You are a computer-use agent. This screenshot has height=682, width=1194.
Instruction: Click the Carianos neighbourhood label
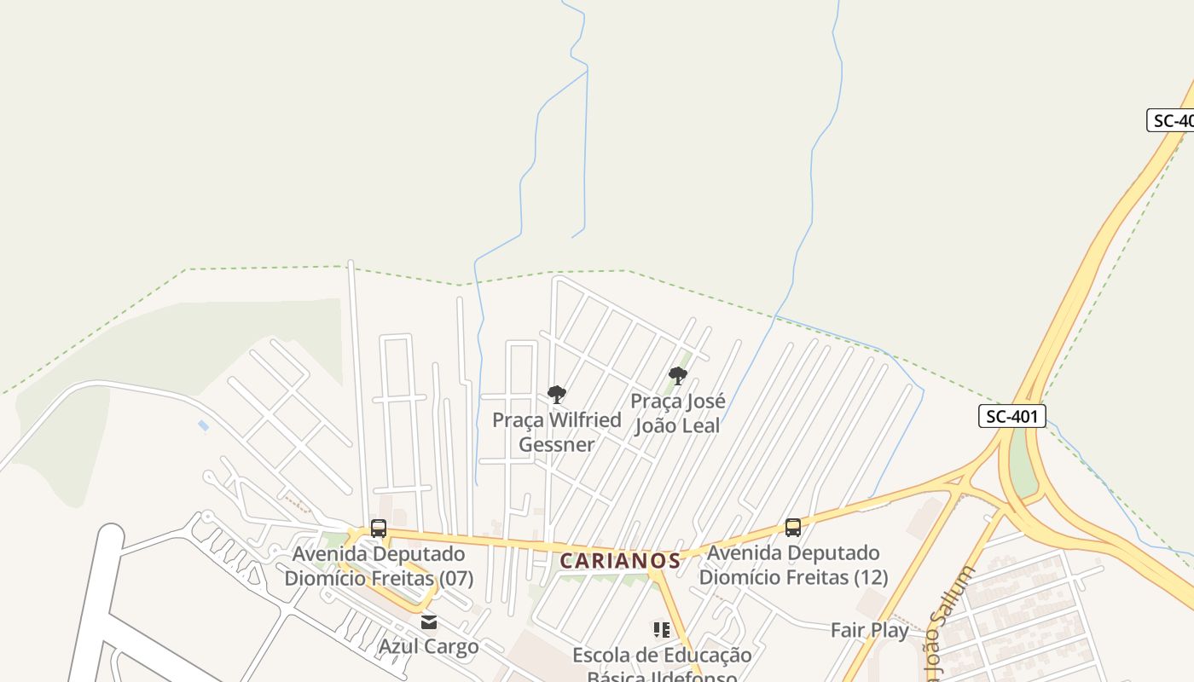[620, 561]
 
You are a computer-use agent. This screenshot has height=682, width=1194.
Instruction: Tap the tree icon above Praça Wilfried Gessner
[557, 394]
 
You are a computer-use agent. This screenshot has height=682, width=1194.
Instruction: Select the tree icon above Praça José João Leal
[678, 375]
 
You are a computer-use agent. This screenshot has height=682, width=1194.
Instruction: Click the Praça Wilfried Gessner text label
[557, 432]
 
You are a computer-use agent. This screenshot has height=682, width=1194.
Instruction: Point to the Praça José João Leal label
[678, 413]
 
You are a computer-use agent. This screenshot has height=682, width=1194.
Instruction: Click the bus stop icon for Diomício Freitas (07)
[379, 529]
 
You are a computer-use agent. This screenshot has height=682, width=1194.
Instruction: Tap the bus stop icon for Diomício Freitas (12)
[793, 528]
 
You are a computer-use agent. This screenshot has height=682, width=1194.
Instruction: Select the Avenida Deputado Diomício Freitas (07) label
[379, 566]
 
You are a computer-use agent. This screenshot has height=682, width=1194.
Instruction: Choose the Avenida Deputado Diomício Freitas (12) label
[793, 565]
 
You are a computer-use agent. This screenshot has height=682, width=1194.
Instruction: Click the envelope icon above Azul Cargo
[428, 621]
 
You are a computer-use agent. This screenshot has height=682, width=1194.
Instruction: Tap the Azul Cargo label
[428, 646]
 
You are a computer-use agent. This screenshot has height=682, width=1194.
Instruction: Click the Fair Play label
[870, 630]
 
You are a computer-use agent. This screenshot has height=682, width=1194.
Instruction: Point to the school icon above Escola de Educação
[661, 630]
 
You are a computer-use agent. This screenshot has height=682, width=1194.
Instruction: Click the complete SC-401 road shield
[1011, 416]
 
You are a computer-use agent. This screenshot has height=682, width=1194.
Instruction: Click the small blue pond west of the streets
[203, 425]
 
